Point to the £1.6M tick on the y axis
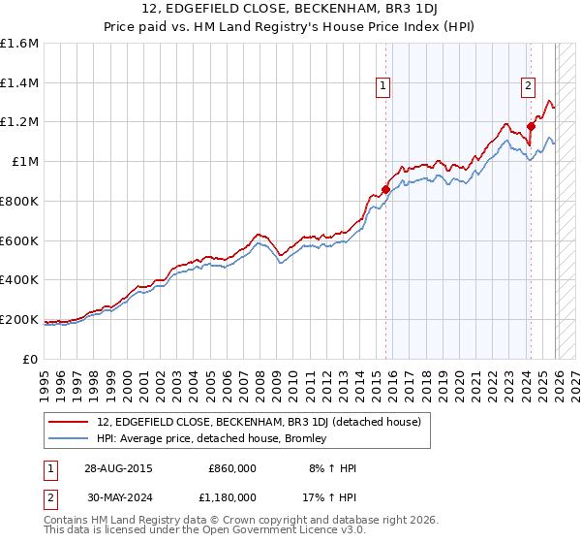pos(19,44)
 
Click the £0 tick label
pos(30,359)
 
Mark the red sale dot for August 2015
pos(385,190)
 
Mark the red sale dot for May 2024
pos(531,126)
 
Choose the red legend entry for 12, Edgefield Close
pos(259,422)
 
